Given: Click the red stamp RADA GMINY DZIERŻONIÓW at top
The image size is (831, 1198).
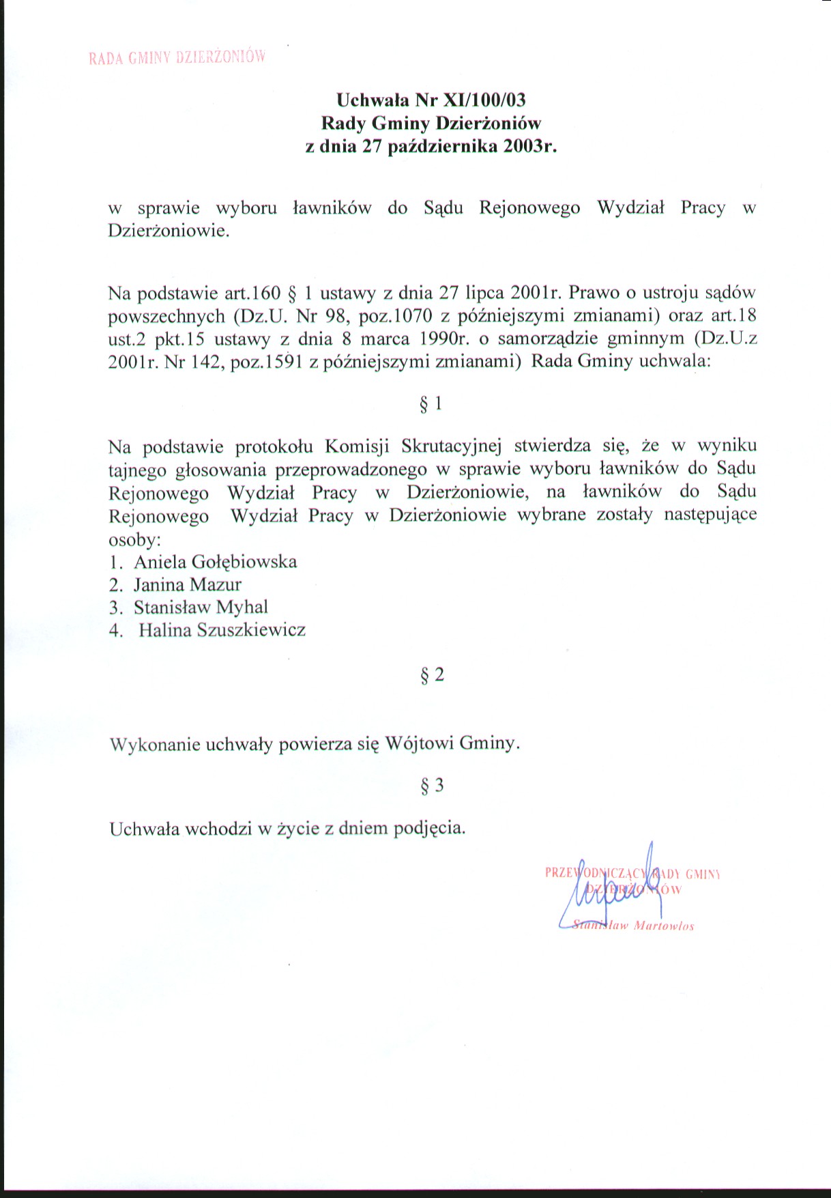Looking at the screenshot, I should (x=176, y=57).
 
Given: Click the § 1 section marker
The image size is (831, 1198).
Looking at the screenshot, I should (x=431, y=404).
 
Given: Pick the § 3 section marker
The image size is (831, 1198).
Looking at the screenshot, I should (x=432, y=786).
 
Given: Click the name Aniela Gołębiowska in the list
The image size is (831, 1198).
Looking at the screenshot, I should (x=215, y=562).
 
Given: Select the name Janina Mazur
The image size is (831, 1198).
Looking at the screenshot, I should (x=187, y=584).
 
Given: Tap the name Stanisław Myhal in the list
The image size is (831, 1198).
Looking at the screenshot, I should (x=201, y=607).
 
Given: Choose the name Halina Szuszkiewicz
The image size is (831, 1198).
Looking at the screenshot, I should (x=222, y=629).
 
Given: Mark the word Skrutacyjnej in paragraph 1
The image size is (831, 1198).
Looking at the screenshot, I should (x=451, y=446).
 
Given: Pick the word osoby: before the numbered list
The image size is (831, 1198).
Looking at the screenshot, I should (x=134, y=539).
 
